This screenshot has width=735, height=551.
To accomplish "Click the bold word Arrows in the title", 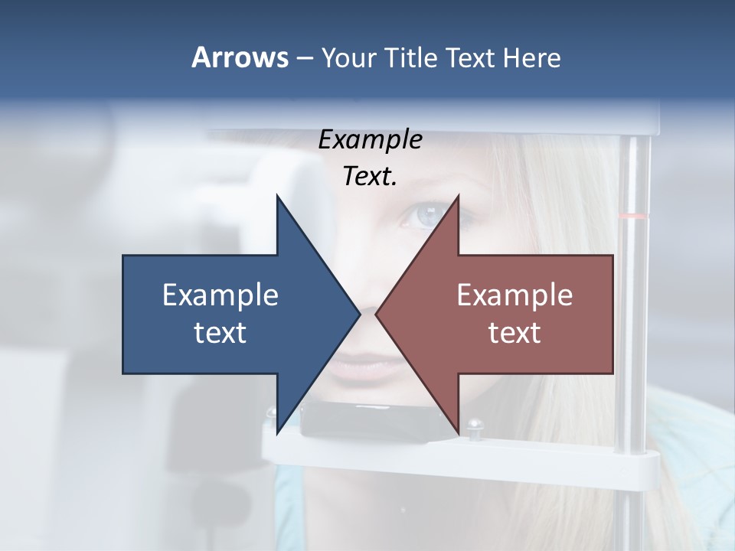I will point(240,57).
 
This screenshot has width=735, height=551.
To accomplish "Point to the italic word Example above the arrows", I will point(370,140).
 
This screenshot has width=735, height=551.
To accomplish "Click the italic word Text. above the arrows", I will point(370,177).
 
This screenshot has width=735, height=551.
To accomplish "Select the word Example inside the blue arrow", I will point(220,295).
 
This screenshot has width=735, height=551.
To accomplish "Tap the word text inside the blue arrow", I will point(220,333).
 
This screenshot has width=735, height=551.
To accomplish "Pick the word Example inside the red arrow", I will point(514,295).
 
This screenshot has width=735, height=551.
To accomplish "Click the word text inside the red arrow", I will point(514,333).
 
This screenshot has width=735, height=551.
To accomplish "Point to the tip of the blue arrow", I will point(358,314).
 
